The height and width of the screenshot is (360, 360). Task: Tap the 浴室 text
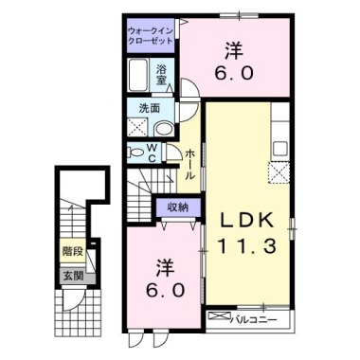[x=163, y=74]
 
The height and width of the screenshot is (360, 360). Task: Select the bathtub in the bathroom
[x=138, y=75]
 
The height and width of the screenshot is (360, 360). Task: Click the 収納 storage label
[x=178, y=207]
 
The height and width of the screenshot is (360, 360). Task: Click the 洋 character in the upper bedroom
[x=234, y=46]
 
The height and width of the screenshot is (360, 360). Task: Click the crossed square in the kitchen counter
[x=280, y=171]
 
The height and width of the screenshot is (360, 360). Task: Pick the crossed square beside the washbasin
[x=136, y=130]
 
